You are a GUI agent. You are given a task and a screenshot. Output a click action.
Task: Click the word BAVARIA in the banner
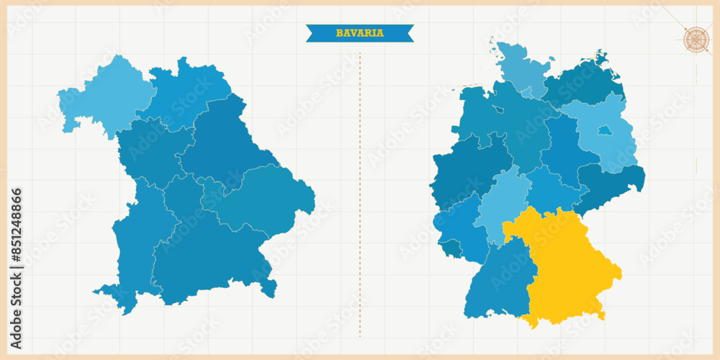(359, 33)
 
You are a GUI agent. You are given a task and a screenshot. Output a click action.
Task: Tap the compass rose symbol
(696, 38)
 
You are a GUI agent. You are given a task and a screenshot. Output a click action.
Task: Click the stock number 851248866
(16, 237)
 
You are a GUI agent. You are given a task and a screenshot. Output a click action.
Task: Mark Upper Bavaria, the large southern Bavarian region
(209, 259)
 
